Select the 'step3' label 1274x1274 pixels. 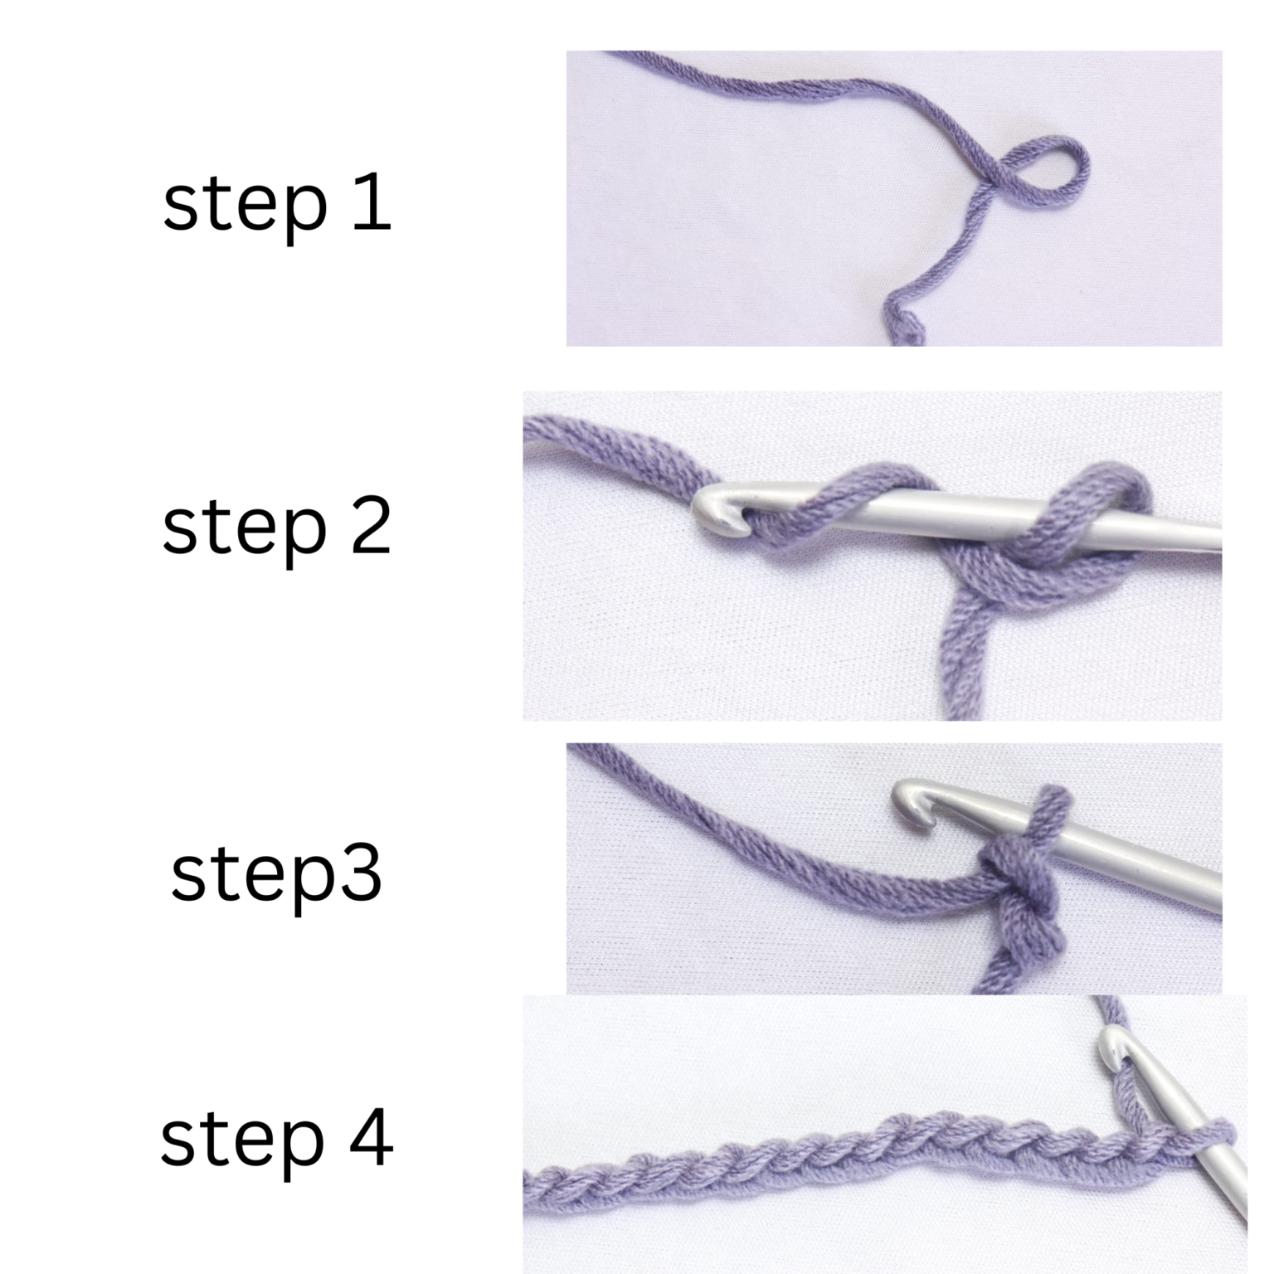click(x=276, y=874)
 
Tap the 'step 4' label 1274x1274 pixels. click(x=276, y=1140)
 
